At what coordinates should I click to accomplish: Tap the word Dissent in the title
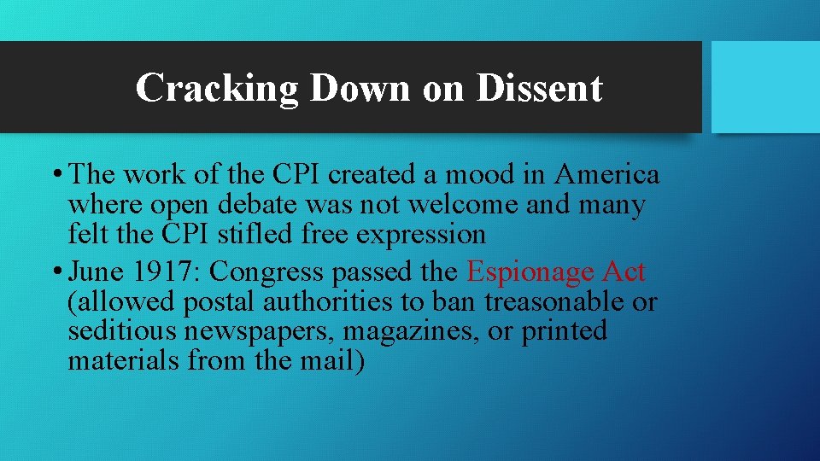click(539, 88)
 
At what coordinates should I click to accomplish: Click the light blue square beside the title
click(764, 87)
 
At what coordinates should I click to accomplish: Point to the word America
click(606, 175)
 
